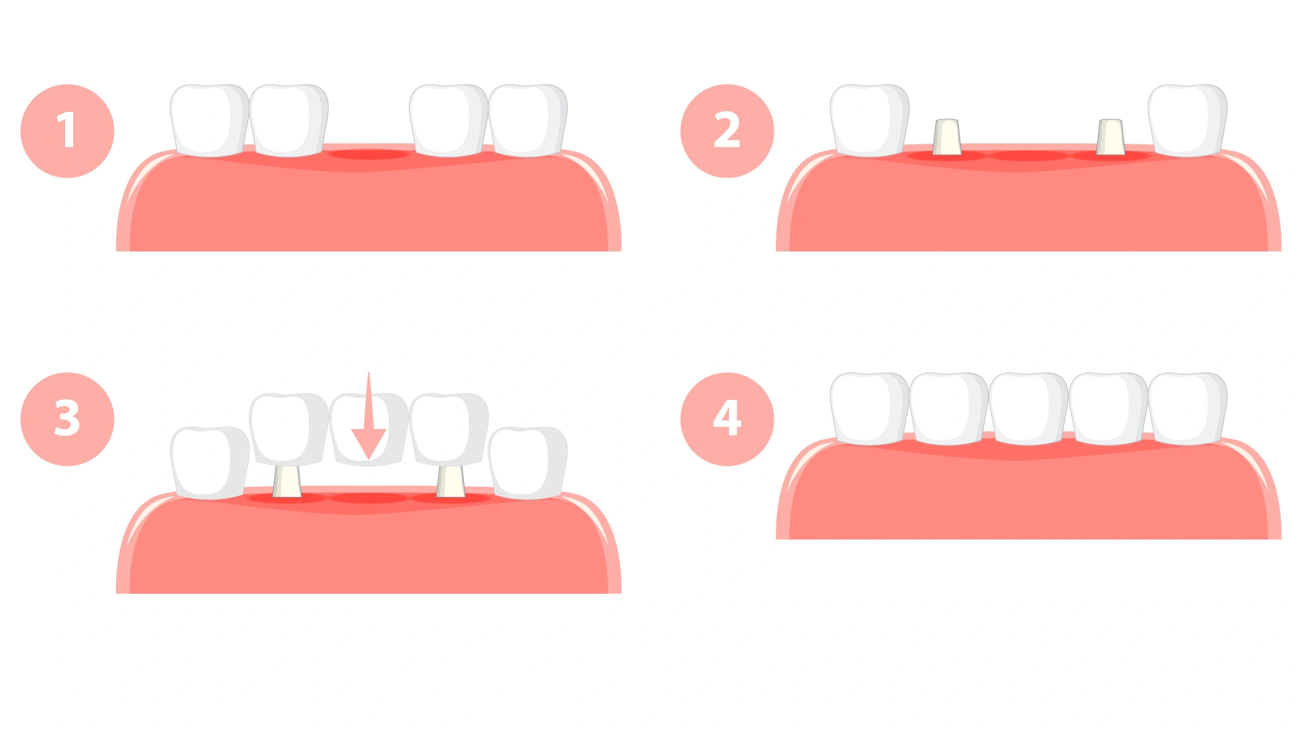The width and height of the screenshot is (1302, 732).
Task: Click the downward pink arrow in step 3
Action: point(368,416)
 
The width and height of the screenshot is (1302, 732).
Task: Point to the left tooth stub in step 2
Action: point(947,137)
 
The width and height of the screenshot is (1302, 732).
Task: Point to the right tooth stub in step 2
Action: point(1110,137)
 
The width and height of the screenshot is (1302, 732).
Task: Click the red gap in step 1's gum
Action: point(368,155)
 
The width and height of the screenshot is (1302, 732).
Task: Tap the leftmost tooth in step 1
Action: point(210,121)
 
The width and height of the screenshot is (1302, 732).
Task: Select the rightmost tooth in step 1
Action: point(528,121)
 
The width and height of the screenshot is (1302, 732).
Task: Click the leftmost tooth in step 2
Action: point(869,121)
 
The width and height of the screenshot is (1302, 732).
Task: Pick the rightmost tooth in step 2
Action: point(1187,121)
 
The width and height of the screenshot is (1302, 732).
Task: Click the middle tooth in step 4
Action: point(1029,409)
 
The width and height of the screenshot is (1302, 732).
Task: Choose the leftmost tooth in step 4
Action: point(869,409)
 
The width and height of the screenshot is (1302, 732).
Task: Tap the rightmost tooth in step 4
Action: point(1187,409)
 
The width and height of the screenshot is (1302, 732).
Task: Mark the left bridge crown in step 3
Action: point(289,429)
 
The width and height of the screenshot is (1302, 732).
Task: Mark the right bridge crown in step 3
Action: point(448,429)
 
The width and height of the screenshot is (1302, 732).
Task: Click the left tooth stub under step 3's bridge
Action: point(287,481)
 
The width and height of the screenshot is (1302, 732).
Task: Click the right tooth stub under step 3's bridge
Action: point(450,481)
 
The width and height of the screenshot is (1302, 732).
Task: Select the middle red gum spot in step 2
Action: point(1029,156)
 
